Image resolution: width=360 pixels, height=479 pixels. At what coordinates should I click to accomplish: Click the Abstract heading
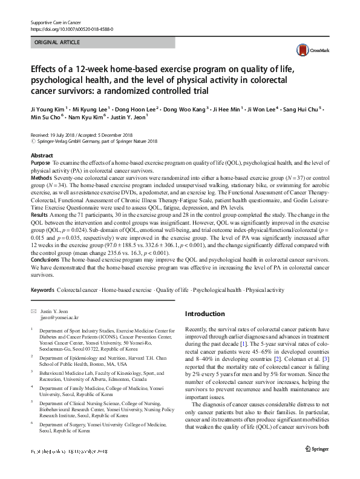[x=42, y=156]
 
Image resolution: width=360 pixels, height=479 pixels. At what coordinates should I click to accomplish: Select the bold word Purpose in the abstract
[x=40, y=164]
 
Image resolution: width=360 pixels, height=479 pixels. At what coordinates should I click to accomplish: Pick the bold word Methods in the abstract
[x=41, y=177]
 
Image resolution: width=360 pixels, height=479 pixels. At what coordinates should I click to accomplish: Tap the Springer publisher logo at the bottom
[x=317, y=466]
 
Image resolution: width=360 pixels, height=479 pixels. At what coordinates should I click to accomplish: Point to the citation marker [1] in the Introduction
[x=242, y=343]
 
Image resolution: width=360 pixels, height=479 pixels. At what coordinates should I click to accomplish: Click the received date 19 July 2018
[x=65, y=135]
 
